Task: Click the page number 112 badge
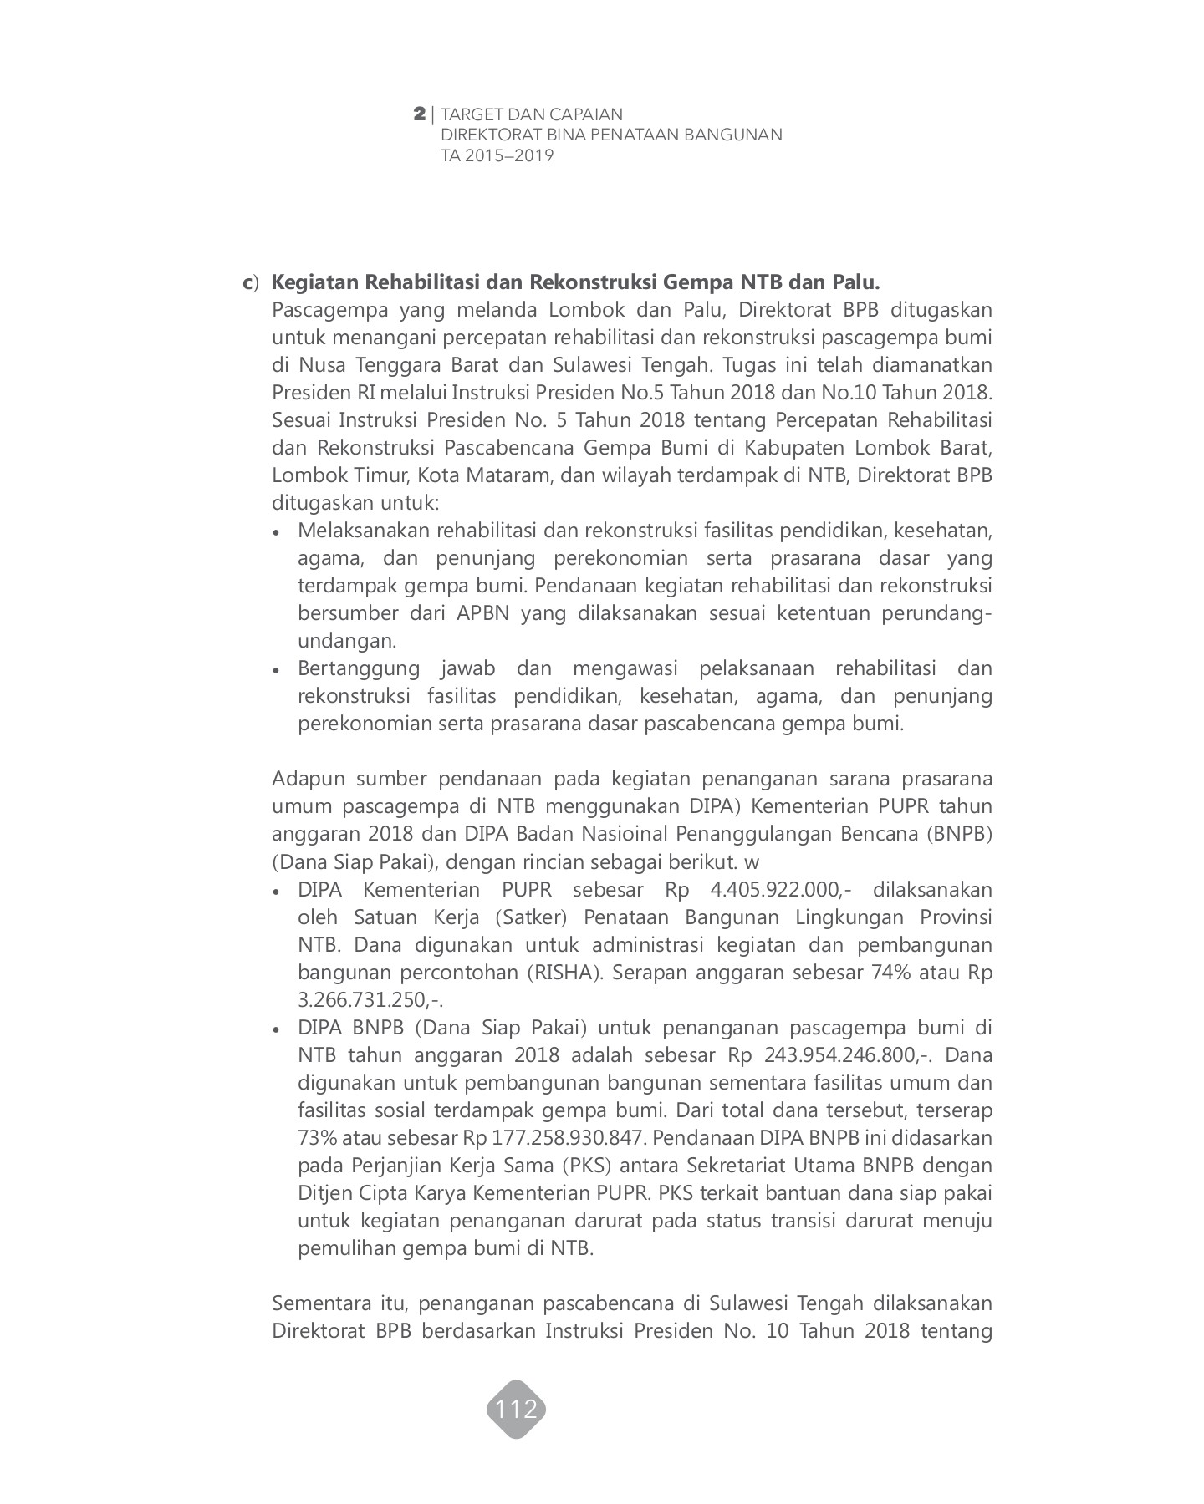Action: tap(516, 1410)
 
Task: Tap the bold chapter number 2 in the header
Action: tap(420, 114)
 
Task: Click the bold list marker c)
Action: tap(251, 283)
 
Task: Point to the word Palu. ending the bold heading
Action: tap(855, 283)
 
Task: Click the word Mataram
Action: tap(514, 475)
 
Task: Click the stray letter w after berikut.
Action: tap(753, 861)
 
